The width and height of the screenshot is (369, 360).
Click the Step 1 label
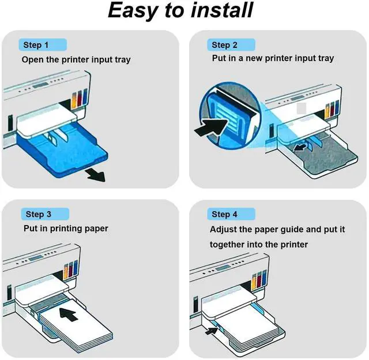pyautogui.click(x=36, y=44)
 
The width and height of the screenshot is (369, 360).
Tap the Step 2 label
pyautogui.click(x=224, y=44)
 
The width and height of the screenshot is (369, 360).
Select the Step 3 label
pyautogui.click(x=38, y=214)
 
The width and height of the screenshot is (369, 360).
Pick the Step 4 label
pyautogui.click(x=224, y=214)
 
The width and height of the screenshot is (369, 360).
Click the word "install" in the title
pyautogui.click(x=221, y=10)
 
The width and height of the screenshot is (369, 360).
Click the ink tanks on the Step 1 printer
pyautogui.click(x=78, y=97)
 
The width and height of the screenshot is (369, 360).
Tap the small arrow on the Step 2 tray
pyautogui.click(x=299, y=148)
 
